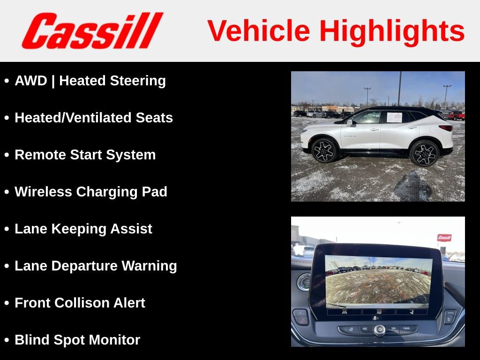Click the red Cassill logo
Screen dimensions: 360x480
click(92, 30)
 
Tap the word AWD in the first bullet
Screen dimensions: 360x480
click(31, 81)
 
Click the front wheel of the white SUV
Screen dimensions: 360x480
click(324, 150)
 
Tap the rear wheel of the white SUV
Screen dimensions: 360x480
click(424, 153)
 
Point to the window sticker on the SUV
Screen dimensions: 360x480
click(394, 117)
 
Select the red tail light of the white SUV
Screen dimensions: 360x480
click(446, 128)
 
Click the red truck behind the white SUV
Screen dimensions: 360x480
click(456, 115)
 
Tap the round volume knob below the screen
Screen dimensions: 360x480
click(379, 330)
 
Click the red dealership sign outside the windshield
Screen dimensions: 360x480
click(444, 238)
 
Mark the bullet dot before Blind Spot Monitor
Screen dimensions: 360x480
click(7, 340)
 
